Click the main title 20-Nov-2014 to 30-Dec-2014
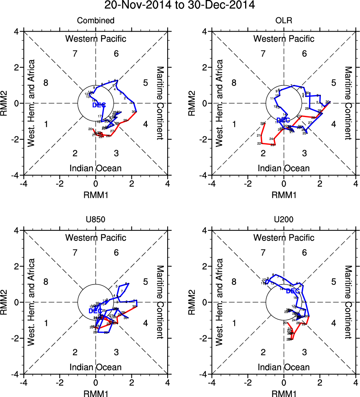tap(180, 6)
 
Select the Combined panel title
tap(95, 21)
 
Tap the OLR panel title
tap(284, 21)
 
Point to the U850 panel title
tap(95, 220)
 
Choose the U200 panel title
tap(284, 220)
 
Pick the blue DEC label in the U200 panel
tap(293, 291)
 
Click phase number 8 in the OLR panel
tap(234, 83)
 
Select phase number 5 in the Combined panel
tap(145, 83)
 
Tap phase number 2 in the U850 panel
tap(75, 352)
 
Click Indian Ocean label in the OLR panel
tap(284, 168)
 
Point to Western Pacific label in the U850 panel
tap(96, 238)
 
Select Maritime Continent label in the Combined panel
tap(160, 103)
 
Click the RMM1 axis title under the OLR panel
tap(284, 195)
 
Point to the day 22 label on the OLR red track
tap(259, 144)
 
